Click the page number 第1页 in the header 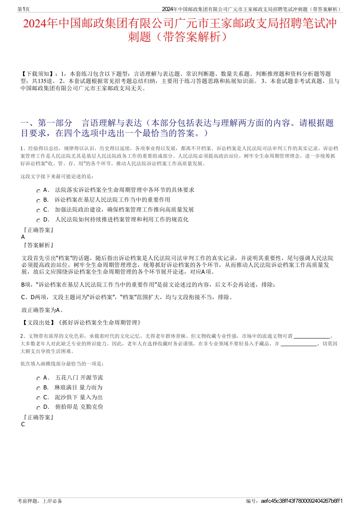[x=24, y=9]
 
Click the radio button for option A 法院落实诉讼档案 [x=38, y=191]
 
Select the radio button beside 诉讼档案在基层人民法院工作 [x=38, y=201]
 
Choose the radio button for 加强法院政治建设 [x=38, y=211]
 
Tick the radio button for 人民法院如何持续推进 [x=38, y=221]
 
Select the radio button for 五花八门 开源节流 [x=38, y=379]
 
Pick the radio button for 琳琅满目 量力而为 [x=38, y=389]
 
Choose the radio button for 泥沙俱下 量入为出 [x=38, y=399]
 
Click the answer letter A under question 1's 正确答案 [x=23, y=237]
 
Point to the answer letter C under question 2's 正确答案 [x=23, y=424]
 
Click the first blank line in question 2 [x=312, y=336]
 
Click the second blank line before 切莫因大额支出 [x=299, y=344]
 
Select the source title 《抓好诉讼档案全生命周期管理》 [x=100, y=323]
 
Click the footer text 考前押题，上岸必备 [x=40, y=501]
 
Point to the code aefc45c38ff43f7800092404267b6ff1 [x=302, y=501]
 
